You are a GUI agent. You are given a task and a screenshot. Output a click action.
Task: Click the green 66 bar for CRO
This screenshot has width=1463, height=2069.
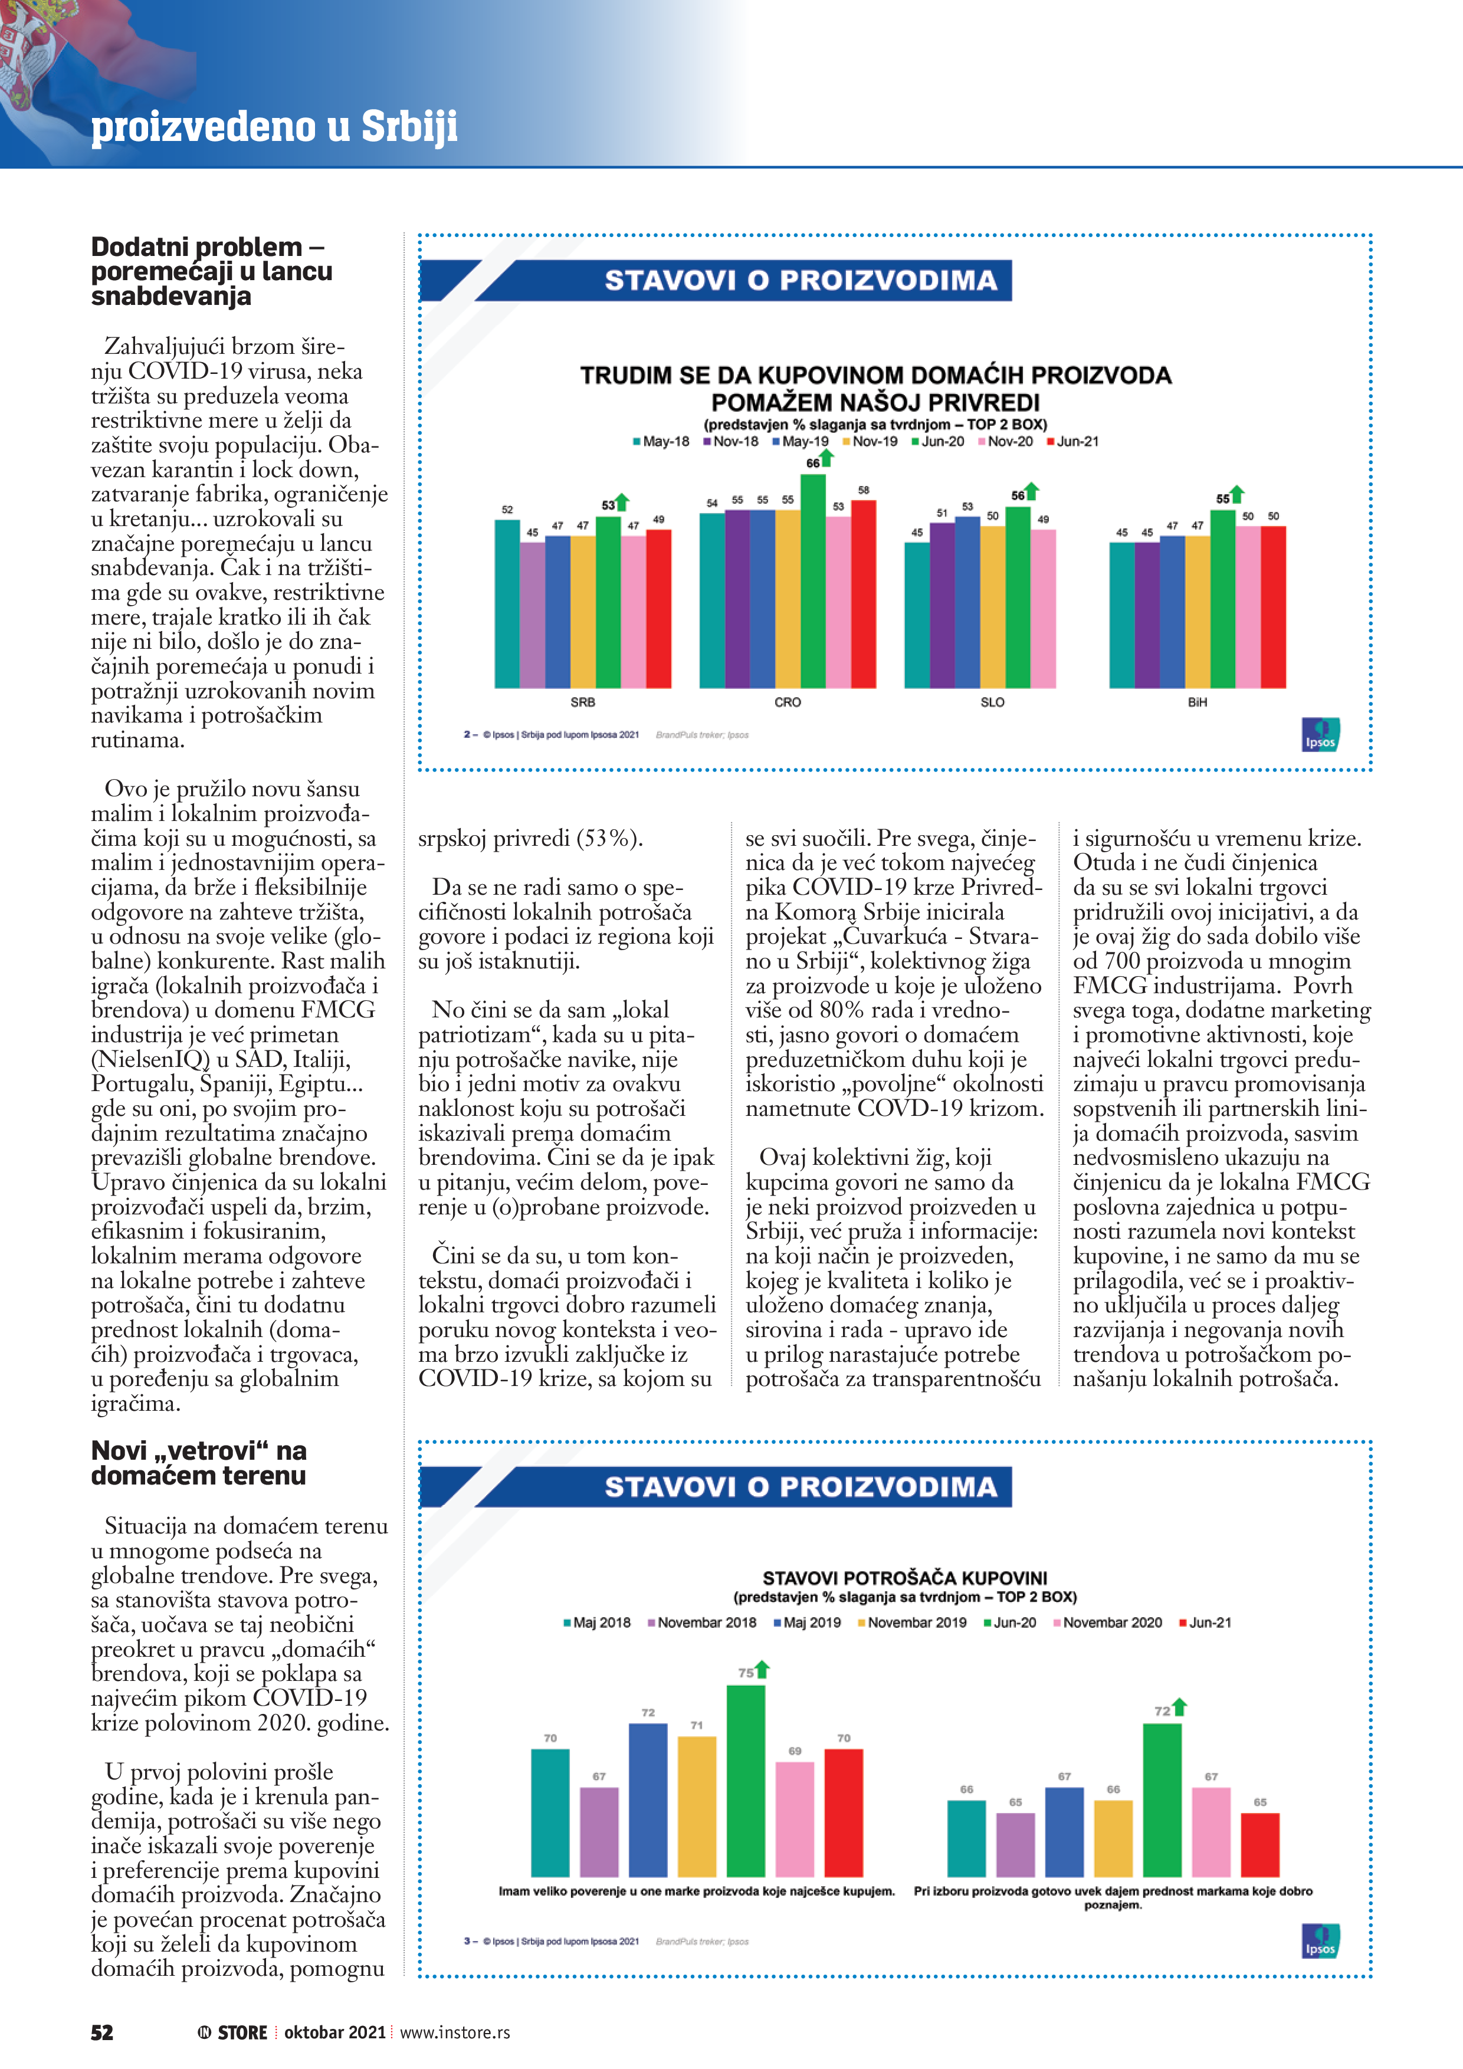tap(812, 581)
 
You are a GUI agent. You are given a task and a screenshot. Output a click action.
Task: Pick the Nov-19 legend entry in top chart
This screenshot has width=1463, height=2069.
tap(870, 442)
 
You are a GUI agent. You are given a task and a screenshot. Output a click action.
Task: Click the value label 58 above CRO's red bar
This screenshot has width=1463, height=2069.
tap(864, 490)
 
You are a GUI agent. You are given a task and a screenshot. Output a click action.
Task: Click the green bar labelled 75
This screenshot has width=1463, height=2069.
tap(746, 1781)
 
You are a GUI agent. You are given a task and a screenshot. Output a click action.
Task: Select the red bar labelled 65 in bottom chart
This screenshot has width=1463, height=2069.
tap(1259, 1845)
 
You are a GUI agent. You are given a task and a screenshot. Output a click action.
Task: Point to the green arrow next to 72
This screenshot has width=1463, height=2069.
tap(1180, 1707)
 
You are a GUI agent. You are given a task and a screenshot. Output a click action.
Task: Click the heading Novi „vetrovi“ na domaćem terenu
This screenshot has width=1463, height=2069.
tap(198, 1463)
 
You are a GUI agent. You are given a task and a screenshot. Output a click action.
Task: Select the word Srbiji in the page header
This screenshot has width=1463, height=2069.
tap(409, 126)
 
